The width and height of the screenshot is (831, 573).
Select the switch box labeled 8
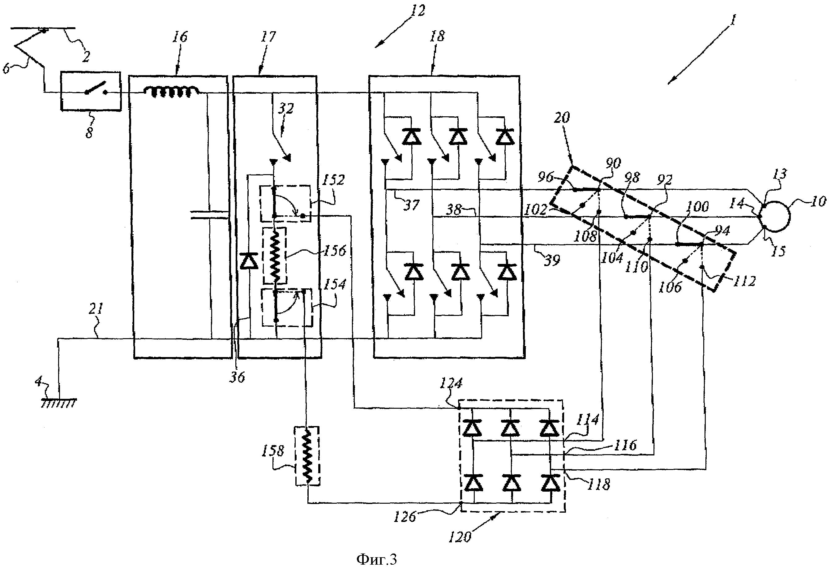[x=90, y=92]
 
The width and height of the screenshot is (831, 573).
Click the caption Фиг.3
[x=376, y=559]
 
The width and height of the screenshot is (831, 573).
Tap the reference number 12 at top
[x=417, y=11]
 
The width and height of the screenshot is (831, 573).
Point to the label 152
[x=334, y=179]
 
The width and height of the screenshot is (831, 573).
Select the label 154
[x=334, y=284]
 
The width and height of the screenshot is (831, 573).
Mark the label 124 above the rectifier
[x=451, y=383]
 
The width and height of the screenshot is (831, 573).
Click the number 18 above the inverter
[x=437, y=36]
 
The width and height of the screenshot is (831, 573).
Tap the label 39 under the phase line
[x=551, y=260]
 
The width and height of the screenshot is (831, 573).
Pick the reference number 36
[x=237, y=377]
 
